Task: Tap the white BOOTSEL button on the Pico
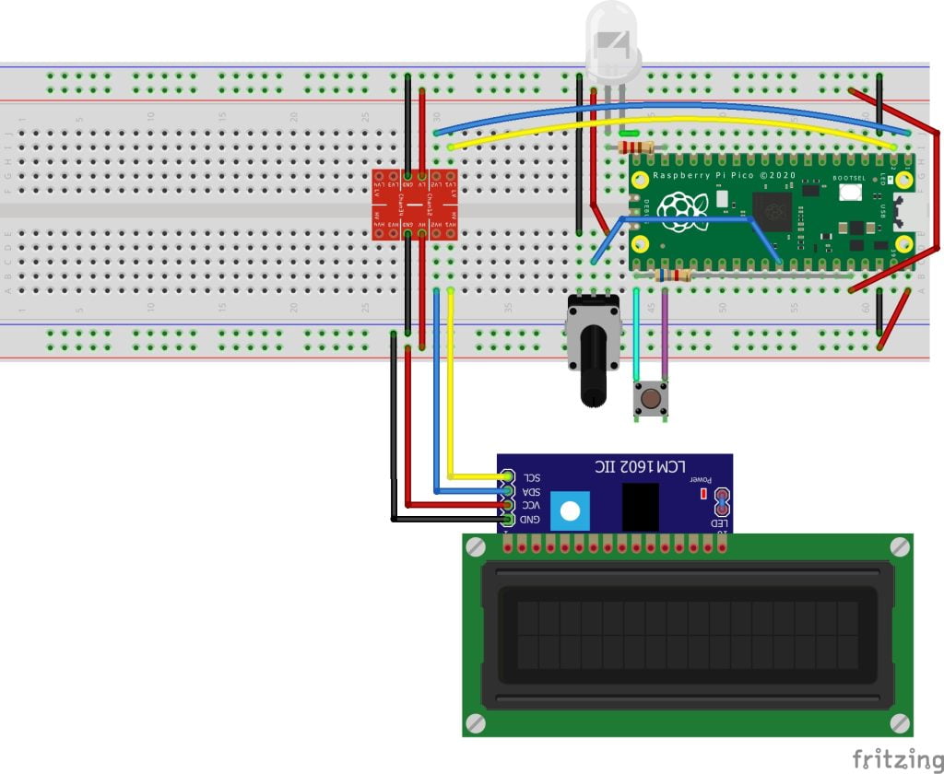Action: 849,193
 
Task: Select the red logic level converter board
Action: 414,205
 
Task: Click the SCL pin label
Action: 532,477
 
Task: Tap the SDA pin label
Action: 532,491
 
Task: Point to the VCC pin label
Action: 532,505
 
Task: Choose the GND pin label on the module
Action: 532,520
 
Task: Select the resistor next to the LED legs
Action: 635,147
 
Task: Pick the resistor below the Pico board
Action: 673,275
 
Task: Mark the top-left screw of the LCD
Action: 476,546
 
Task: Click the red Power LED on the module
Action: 703,494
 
